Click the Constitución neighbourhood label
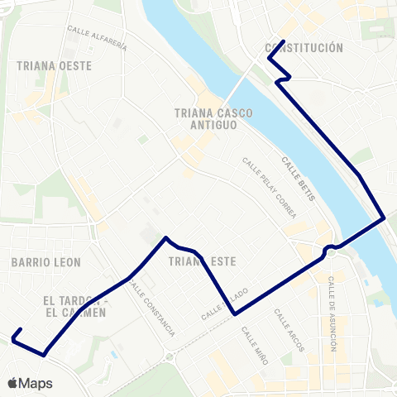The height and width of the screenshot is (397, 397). [304, 48]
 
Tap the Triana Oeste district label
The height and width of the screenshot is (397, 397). [54, 65]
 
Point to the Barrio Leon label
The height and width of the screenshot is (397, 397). [45, 262]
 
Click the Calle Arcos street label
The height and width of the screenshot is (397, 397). [289, 331]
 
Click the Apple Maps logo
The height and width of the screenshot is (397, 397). [30, 383]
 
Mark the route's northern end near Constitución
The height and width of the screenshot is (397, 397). [284, 41]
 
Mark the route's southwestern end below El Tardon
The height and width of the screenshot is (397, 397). [14, 337]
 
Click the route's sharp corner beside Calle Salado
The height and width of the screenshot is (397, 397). [236, 314]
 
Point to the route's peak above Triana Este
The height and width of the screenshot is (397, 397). [167, 238]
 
